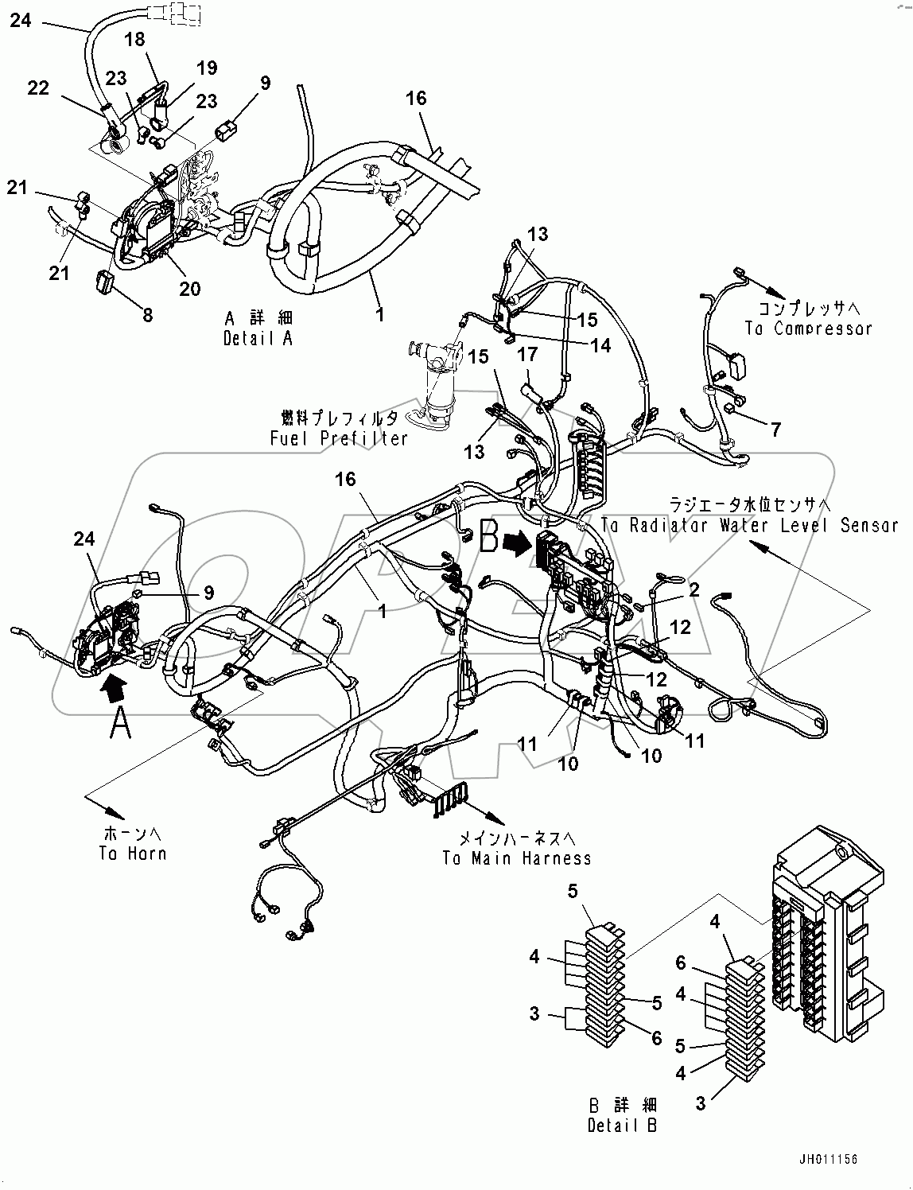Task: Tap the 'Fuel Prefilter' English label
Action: pyautogui.click(x=339, y=437)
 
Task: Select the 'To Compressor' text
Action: pyautogui.click(x=808, y=328)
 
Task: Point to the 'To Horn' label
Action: pyautogui.click(x=133, y=854)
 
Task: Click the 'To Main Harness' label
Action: pyautogui.click(x=517, y=858)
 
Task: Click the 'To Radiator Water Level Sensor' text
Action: pyautogui.click(x=749, y=525)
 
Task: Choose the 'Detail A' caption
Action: pyautogui.click(x=258, y=337)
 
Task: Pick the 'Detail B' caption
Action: pyautogui.click(x=624, y=1125)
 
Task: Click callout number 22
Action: pyautogui.click(x=38, y=87)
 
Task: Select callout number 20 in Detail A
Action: pyautogui.click(x=189, y=289)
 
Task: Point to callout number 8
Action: pyautogui.click(x=148, y=315)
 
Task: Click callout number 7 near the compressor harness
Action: pyautogui.click(x=775, y=430)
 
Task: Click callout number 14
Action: pyautogui.click(x=600, y=345)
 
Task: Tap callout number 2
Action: pyautogui.click(x=694, y=589)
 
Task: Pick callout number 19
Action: pyautogui.click(x=207, y=68)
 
